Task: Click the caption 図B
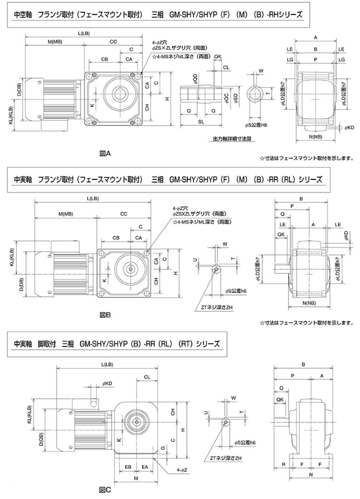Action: [x=105, y=315]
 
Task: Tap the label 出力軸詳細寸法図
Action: [x=230, y=138]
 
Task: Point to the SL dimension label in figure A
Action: [x=200, y=121]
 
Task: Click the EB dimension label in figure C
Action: [x=127, y=466]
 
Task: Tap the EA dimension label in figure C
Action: [x=145, y=466]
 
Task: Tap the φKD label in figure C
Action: [x=107, y=383]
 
